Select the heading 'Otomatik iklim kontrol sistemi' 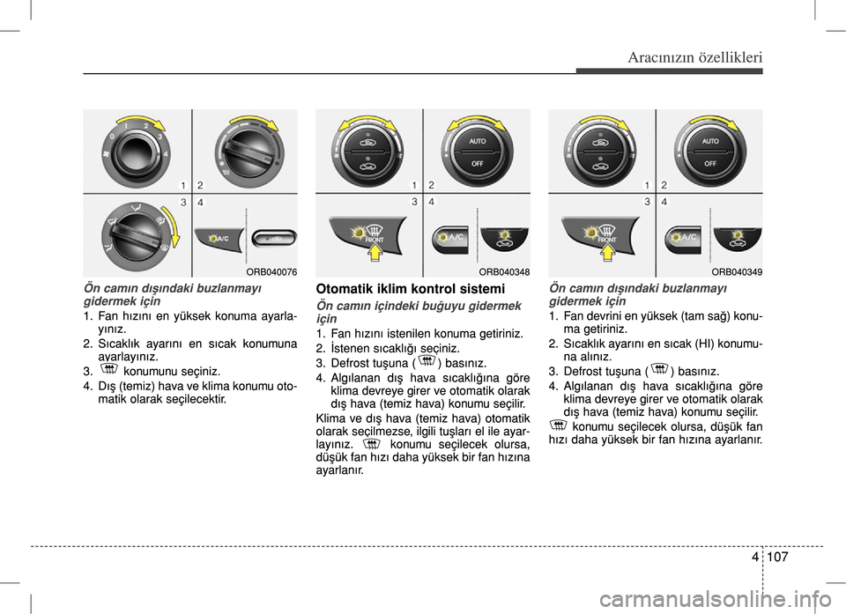click(x=410, y=289)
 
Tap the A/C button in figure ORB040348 click(x=450, y=238)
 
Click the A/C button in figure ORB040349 click(x=683, y=238)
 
